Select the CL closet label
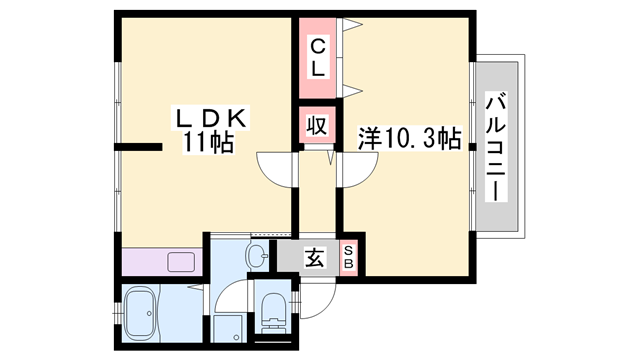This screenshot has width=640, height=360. [x=316, y=57]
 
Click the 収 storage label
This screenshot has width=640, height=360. [x=317, y=127]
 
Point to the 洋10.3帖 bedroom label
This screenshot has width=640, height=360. [x=409, y=139]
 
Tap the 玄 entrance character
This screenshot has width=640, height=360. [x=313, y=258]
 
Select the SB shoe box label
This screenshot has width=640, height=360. [x=349, y=258]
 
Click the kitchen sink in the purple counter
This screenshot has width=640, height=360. [x=182, y=263]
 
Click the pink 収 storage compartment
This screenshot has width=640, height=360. [x=317, y=127]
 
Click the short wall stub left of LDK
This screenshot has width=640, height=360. [x=138, y=150]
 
